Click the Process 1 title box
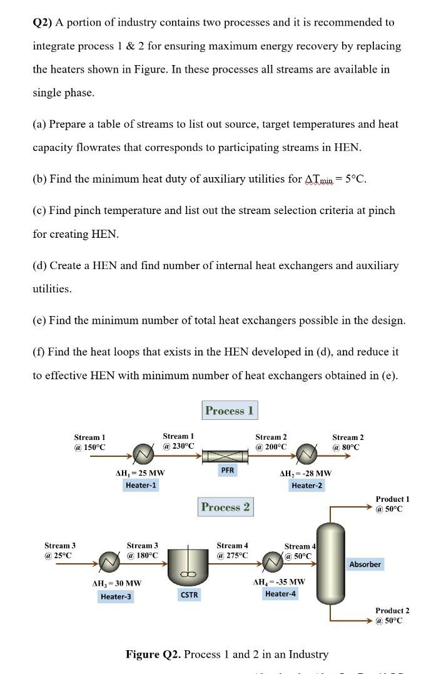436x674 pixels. pyautogui.click(x=229, y=411)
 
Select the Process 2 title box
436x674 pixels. pyautogui.click(x=225, y=507)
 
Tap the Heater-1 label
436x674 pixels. pyautogui.click(x=141, y=485)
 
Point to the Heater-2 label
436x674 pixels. pyautogui.click(x=307, y=485)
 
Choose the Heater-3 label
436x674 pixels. pyautogui.click(x=116, y=596)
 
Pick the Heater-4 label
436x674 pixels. pyautogui.click(x=281, y=593)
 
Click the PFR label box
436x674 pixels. pyautogui.click(x=227, y=469)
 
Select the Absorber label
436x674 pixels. pyautogui.click(x=365, y=564)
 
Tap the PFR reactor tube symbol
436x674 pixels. pyautogui.click(x=227, y=455)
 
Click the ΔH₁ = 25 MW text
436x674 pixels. pyautogui.click(x=140, y=473)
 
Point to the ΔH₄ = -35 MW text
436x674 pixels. pyautogui.click(x=279, y=581)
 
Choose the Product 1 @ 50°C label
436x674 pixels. pyautogui.click(x=392, y=504)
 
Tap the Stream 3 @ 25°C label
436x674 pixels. pyautogui.click(x=58, y=551)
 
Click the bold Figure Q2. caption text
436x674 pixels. pyautogui.click(x=154, y=654)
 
